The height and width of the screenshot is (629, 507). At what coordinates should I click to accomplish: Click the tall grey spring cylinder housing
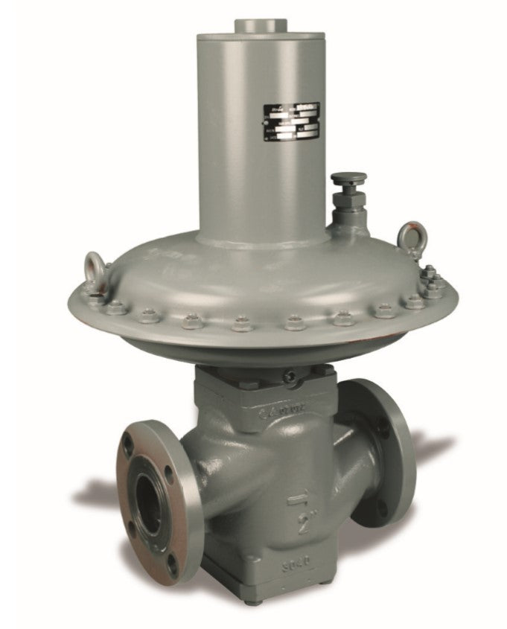(261, 134)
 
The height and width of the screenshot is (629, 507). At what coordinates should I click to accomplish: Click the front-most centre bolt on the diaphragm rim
(240, 325)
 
